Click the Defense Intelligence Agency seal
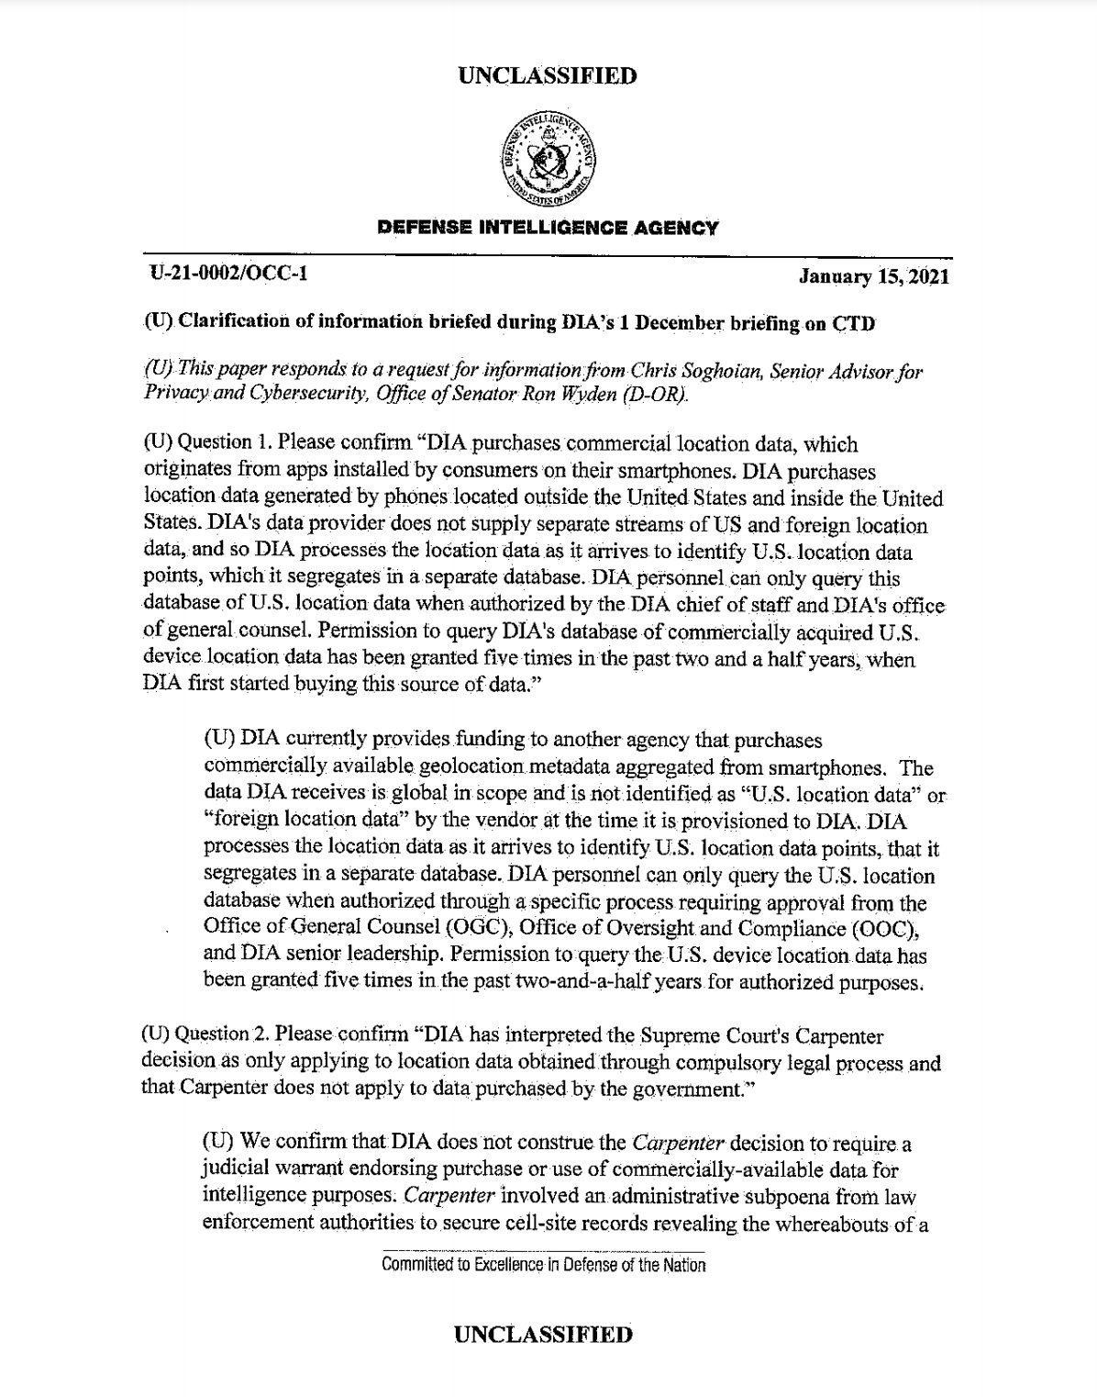click(x=548, y=158)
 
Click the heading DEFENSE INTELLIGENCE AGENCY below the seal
click(x=548, y=228)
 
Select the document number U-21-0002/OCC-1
click(x=228, y=274)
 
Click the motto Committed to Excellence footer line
click(x=544, y=1266)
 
